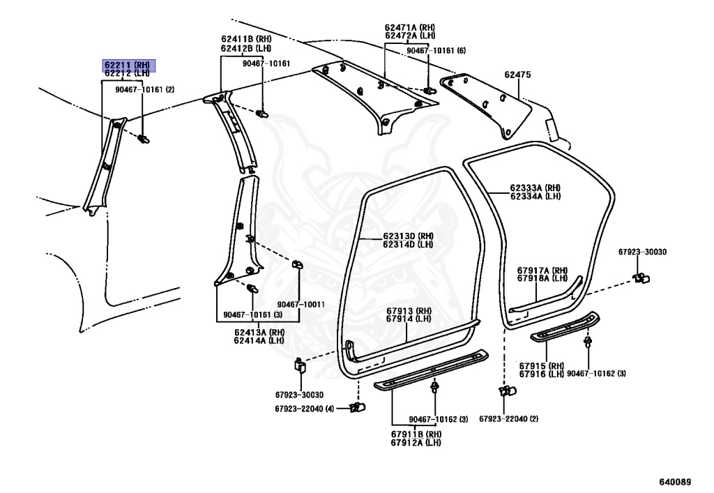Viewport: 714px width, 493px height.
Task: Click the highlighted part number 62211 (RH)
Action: tap(129, 64)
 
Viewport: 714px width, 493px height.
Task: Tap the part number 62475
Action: tap(517, 75)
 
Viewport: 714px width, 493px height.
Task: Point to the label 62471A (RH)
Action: tap(409, 27)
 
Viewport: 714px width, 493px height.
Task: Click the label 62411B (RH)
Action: tap(245, 39)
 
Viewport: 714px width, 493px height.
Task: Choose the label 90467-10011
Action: tap(301, 304)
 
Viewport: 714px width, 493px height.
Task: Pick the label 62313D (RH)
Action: tap(408, 236)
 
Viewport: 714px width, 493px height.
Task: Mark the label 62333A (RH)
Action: tap(535, 188)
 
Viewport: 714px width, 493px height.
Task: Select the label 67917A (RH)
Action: tap(542, 270)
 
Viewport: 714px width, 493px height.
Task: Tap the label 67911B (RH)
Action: tap(416, 434)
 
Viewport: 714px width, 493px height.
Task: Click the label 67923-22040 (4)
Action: tap(305, 408)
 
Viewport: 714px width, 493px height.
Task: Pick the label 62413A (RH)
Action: tap(259, 332)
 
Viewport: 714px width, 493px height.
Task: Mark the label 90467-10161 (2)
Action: tap(144, 89)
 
